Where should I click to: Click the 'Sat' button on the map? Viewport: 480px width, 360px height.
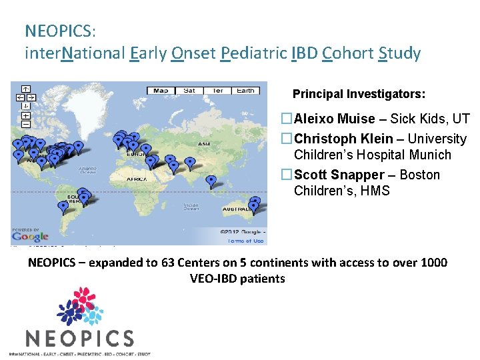tap(189, 91)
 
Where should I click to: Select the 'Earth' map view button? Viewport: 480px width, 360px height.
tap(245, 91)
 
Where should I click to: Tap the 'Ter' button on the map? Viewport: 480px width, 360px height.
tap(217, 91)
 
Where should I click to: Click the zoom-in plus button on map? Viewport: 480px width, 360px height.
tap(25, 115)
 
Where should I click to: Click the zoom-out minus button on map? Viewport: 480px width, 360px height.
tap(25, 123)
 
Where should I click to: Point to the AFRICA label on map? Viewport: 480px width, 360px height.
tap(138, 179)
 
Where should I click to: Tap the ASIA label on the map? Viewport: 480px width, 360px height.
tap(204, 144)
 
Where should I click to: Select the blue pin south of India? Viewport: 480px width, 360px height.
tap(211, 181)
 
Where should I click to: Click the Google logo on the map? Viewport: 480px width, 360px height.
tap(30, 236)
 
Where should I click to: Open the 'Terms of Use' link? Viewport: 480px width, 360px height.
tap(245, 241)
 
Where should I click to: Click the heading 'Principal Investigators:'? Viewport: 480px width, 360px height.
tap(359, 94)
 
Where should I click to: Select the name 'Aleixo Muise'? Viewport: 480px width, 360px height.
tap(335, 119)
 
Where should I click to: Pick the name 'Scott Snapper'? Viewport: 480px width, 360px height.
tap(339, 175)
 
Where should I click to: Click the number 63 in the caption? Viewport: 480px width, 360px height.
tap(169, 263)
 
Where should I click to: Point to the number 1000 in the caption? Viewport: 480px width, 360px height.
tap(434, 263)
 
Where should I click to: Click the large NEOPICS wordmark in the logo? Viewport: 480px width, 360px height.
tap(79, 338)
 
